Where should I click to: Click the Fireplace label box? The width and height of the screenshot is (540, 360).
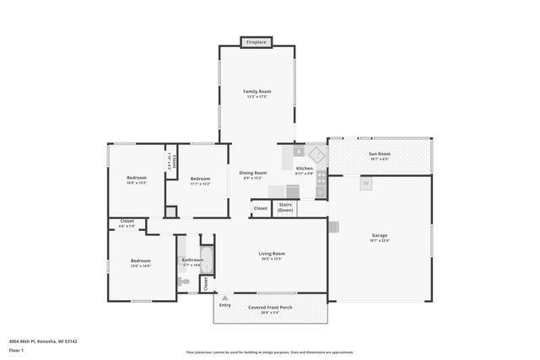pyautogui.click(x=256, y=41)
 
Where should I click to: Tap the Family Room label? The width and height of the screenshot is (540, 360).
pyautogui.click(x=256, y=93)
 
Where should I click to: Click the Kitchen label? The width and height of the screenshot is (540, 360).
pyautogui.click(x=304, y=169)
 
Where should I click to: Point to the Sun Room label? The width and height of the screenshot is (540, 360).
pyautogui.click(x=379, y=155)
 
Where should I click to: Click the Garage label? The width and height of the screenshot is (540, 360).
pyautogui.click(x=379, y=237)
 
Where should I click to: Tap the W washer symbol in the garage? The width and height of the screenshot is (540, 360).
pyautogui.click(x=365, y=183)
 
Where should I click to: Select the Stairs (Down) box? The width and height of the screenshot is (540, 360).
pyautogui.click(x=285, y=207)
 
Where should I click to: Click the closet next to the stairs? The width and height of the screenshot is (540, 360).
pyautogui.click(x=260, y=208)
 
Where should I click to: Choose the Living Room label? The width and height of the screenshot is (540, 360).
pyautogui.click(x=271, y=255)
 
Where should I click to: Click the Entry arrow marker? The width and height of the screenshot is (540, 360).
pyautogui.click(x=224, y=298)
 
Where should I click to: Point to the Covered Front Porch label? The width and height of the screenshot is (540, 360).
pyautogui.click(x=270, y=309)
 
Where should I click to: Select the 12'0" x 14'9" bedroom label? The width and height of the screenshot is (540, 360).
pyautogui.click(x=140, y=263)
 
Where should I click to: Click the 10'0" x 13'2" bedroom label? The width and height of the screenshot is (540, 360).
pyautogui.click(x=137, y=180)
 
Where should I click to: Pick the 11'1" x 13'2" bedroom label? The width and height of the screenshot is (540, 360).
pyautogui.click(x=200, y=180)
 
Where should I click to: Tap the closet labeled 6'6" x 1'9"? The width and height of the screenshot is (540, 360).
pyautogui.click(x=126, y=225)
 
